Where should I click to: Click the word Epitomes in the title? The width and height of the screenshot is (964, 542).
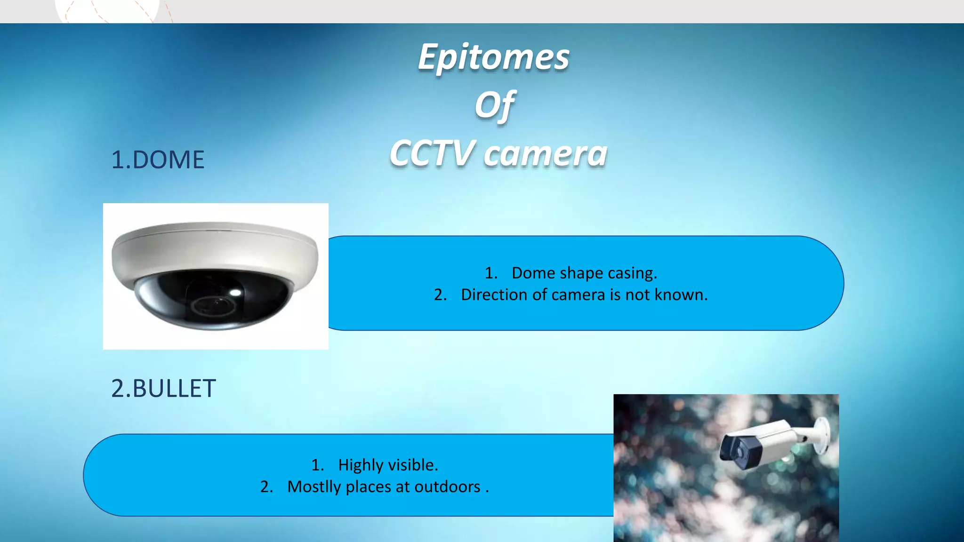[x=493, y=57]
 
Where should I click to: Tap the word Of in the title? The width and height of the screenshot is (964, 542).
[x=494, y=105]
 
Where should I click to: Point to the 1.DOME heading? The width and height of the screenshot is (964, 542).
[x=158, y=160]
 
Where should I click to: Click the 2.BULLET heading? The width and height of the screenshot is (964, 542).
[x=163, y=389]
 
